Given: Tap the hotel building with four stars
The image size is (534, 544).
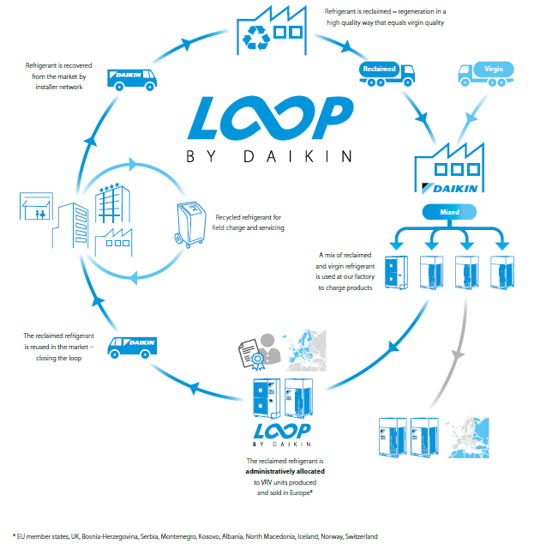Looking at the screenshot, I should point(109,204).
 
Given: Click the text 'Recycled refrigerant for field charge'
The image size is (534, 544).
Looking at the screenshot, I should point(249,222).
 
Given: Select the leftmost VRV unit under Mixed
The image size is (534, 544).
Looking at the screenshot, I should point(397,271).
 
